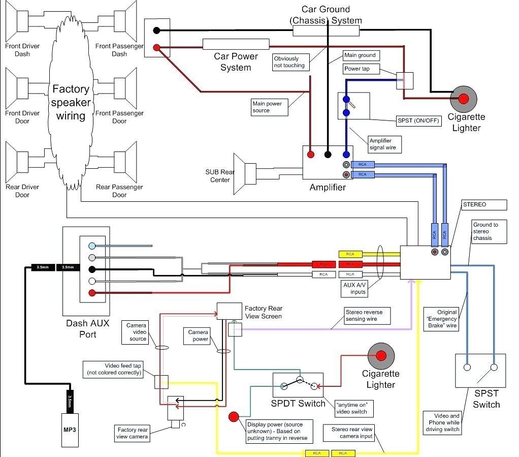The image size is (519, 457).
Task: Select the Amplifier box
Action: pyautogui.click(x=327, y=163)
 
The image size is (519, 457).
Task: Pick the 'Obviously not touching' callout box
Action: pyautogui.click(x=289, y=62)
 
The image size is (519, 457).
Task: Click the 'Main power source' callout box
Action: pyautogui.click(x=270, y=107)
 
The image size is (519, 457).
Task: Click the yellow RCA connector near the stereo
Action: pyautogui.click(x=350, y=254)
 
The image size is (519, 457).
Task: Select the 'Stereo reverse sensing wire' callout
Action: pyautogui.click(x=367, y=315)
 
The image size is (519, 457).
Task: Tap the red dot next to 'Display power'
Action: pyautogui.click(x=234, y=417)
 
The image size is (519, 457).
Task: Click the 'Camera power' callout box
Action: pyautogui.click(x=198, y=336)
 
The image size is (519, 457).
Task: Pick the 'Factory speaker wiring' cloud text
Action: pyautogui.click(x=71, y=103)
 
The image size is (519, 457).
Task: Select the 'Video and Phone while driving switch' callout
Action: pyautogui.click(x=442, y=422)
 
